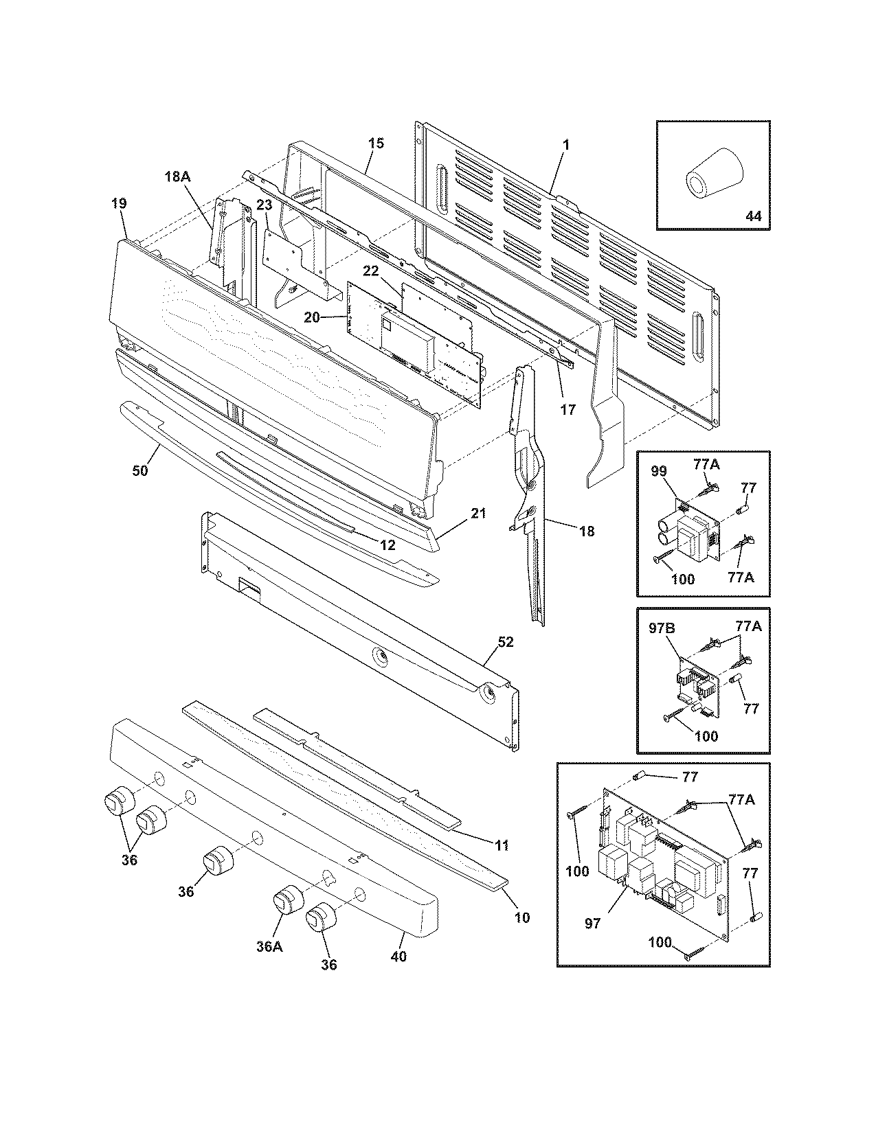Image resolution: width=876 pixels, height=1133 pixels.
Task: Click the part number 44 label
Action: click(753, 216)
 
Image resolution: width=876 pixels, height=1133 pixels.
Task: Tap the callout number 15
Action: click(376, 144)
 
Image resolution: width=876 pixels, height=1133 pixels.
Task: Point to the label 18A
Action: click(177, 176)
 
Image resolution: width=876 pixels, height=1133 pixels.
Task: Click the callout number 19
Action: click(118, 203)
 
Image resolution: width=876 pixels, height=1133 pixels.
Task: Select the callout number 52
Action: click(506, 642)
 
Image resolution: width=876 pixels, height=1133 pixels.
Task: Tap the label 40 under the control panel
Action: click(398, 955)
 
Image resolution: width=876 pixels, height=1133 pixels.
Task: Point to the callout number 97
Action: click(592, 924)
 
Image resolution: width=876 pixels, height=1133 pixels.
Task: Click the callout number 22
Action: click(371, 271)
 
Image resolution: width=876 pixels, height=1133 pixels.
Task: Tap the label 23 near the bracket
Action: click(265, 205)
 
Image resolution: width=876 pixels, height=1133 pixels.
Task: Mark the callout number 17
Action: click(568, 409)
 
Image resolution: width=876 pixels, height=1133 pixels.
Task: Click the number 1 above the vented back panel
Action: click(566, 146)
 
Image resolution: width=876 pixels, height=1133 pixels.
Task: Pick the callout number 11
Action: click(502, 845)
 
